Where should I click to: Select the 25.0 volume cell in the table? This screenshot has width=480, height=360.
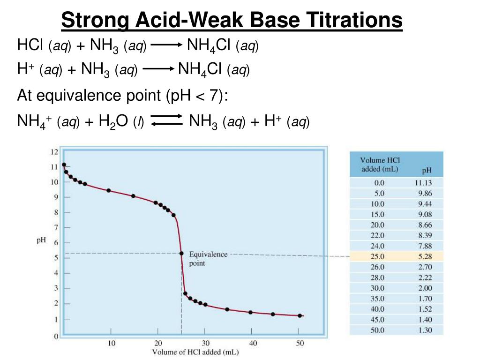(377, 256)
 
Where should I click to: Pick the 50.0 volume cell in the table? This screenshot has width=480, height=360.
(377, 330)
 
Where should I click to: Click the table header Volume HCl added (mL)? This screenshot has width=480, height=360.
(380, 165)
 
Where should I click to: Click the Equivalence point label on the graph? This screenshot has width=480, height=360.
(208, 258)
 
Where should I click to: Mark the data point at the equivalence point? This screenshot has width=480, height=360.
(181, 253)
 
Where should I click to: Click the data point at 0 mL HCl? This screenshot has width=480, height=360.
(64, 165)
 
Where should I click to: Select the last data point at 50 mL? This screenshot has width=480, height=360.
(300, 315)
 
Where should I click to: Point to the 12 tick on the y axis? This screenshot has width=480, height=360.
(54, 152)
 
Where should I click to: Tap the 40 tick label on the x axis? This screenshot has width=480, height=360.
(253, 343)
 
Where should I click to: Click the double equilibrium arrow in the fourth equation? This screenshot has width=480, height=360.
(166, 120)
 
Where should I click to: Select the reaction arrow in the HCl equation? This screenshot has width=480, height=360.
(166, 45)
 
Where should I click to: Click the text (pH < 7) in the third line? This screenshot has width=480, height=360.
(196, 96)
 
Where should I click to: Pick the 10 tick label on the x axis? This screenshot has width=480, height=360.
(111, 343)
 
